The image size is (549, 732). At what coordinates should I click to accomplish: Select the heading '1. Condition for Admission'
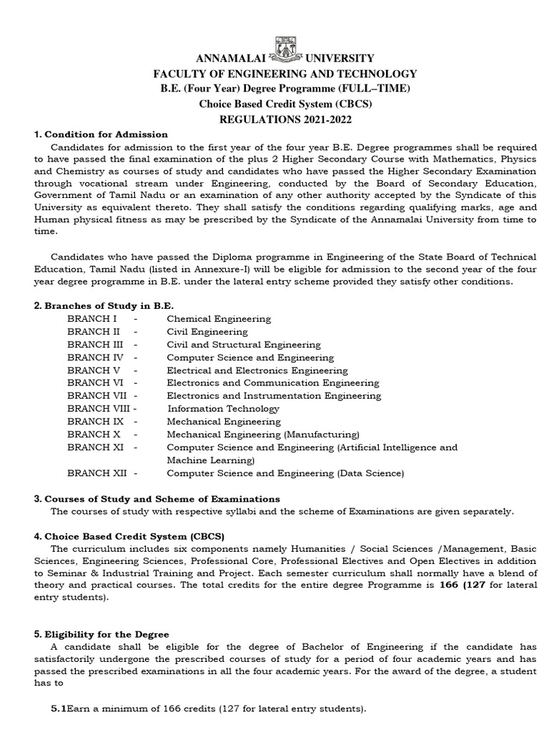click(x=102, y=134)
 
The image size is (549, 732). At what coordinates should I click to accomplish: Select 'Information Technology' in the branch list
click(x=223, y=409)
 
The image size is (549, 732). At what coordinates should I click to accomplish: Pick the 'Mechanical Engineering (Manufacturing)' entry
click(x=263, y=435)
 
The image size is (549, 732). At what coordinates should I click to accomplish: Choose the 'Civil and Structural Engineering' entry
click(x=244, y=345)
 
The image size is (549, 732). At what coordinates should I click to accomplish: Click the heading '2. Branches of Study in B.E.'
click(x=104, y=305)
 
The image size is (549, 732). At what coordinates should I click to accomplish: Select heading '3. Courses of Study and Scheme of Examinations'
click(x=157, y=498)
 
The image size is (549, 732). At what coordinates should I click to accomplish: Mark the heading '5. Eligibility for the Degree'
click(x=102, y=634)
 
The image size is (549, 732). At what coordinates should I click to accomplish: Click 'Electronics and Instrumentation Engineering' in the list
click(x=274, y=396)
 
